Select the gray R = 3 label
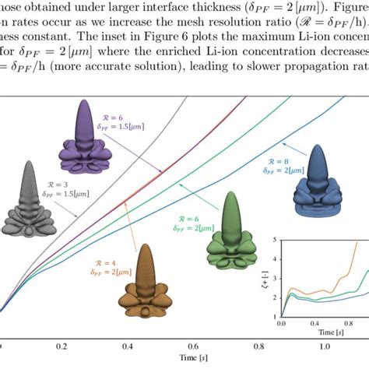[x=61, y=184]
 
